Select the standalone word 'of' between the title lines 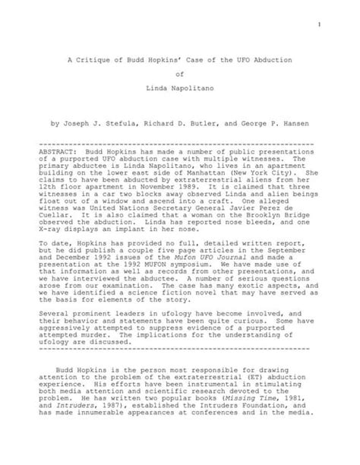(x=180, y=74)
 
